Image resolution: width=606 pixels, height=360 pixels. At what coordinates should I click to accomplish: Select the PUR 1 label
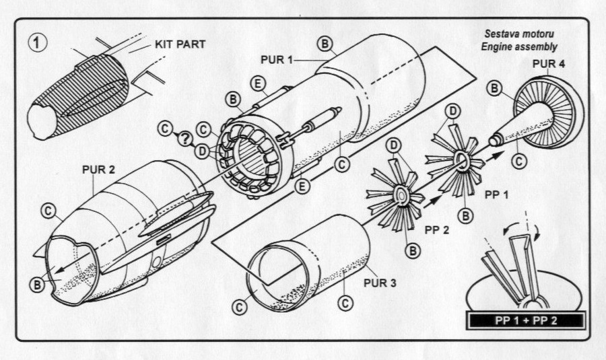tap(277, 60)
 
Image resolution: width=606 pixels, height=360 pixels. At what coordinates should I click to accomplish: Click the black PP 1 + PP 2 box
tap(525, 320)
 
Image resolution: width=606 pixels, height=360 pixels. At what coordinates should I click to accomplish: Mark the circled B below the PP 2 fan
tap(413, 250)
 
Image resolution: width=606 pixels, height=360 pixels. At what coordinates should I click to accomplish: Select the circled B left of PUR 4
tap(495, 89)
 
